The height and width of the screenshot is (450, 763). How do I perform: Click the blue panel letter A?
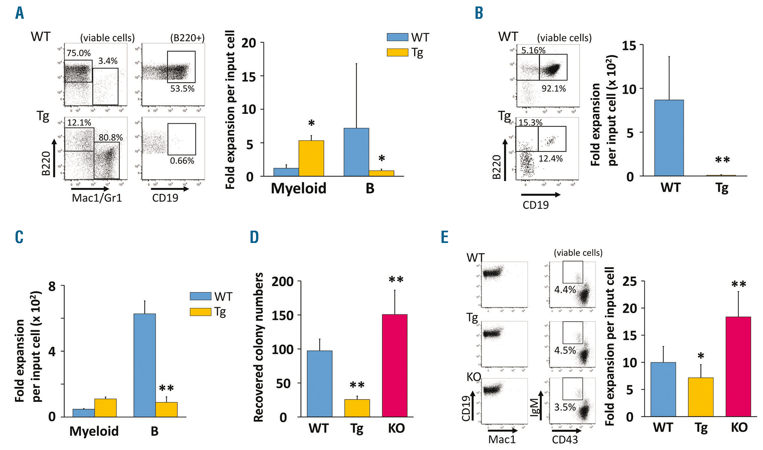pos(19,13)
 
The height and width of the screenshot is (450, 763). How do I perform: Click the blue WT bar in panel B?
pos(669,138)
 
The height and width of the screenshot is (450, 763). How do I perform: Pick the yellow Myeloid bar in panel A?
pos(311,158)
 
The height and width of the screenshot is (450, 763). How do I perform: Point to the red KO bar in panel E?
pos(738,366)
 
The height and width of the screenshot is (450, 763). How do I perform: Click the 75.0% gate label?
pos(79,53)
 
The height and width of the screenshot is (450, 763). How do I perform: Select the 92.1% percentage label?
pos(554,88)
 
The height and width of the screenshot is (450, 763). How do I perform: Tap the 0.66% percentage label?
pos(182,161)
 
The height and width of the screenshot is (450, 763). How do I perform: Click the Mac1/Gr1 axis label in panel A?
pos(97,198)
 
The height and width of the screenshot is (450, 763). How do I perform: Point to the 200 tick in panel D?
pos(283,281)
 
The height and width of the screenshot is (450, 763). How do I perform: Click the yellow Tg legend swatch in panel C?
pos(200,312)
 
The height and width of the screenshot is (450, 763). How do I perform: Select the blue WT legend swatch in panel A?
pos(397,37)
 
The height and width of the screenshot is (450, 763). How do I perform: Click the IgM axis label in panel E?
pos(535,406)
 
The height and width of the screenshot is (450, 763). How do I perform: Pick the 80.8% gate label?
pos(111,137)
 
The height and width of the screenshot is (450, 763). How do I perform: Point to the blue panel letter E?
pos(444,237)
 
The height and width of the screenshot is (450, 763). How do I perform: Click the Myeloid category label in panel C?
pos(94,431)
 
